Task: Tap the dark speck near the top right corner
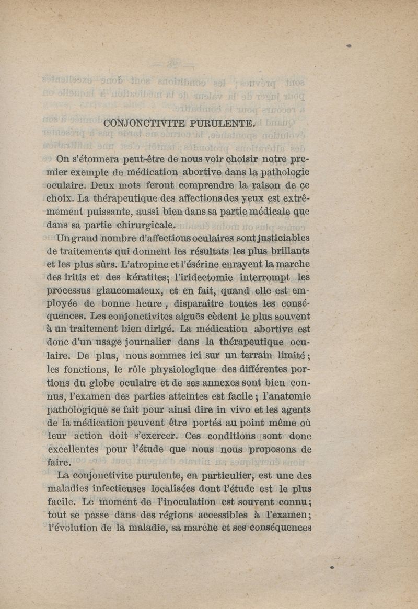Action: (348, 46)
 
